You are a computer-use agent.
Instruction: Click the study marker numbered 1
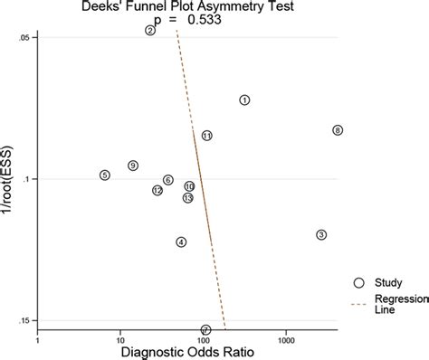(244, 100)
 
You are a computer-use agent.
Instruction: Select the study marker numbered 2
(150, 30)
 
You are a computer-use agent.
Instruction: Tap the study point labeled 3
(321, 235)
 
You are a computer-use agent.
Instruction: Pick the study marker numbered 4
(182, 242)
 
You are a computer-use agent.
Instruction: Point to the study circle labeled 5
(105, 175)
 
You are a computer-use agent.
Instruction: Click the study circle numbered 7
(205, 330)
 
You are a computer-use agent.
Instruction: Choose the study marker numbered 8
(338, 130)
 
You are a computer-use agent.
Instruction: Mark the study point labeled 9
(133, 166)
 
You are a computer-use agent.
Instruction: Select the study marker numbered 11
(206, 136)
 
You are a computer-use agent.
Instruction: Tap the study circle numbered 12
(157, 190)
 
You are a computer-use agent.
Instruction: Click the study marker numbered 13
(187, 198)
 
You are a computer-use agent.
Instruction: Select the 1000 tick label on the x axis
(286, 342)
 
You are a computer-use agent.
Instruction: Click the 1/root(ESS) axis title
(7, 178)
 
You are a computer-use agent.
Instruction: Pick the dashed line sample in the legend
(359, 305)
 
